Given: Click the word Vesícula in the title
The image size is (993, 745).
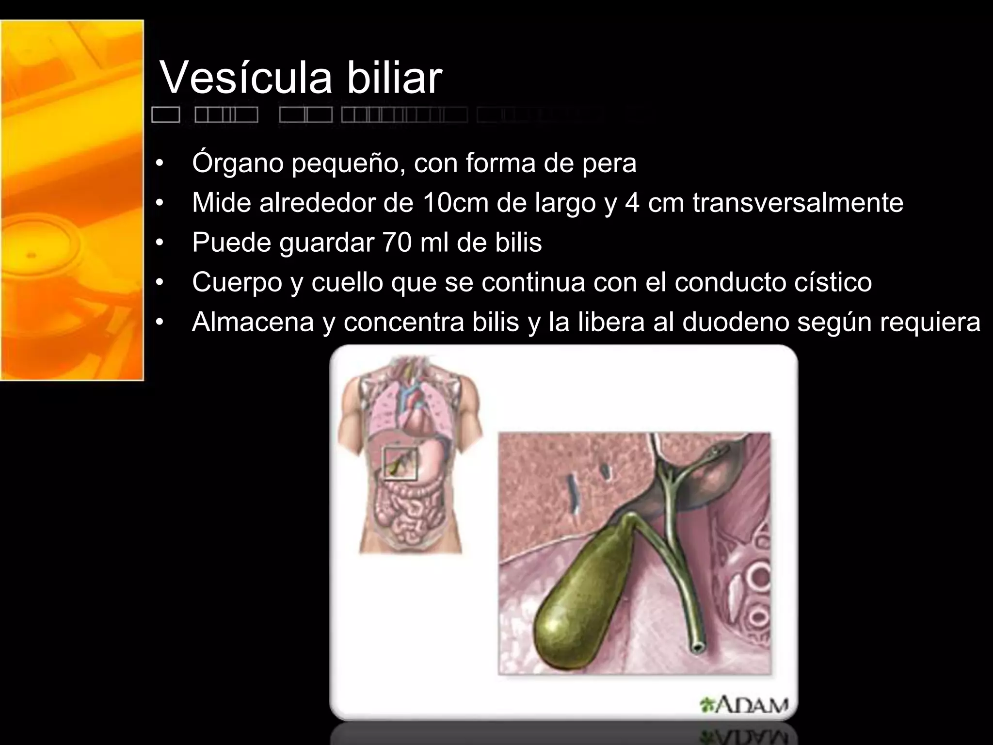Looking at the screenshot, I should point(246,78).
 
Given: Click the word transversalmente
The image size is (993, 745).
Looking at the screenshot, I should point(798,203).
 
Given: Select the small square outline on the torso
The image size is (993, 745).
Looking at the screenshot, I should point(400,464).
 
